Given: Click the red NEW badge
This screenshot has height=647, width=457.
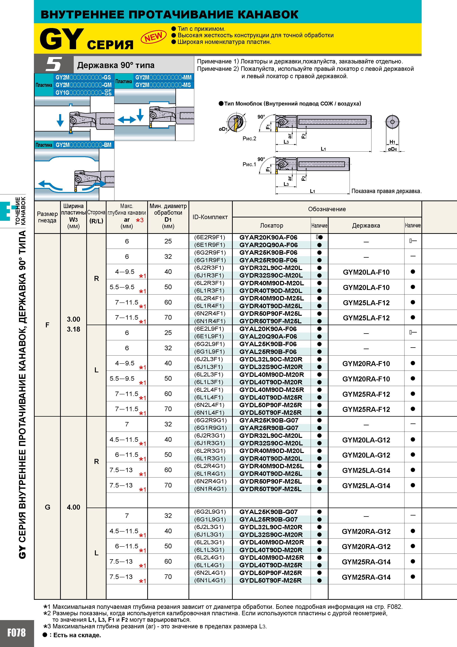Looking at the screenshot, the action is (x=154, y=37).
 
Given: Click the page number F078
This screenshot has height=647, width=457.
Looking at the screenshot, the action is (x=16, y=633).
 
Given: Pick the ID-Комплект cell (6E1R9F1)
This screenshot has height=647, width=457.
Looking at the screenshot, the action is (x=210, y=245).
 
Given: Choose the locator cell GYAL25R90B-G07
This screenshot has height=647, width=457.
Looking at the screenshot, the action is (x=269, y=519).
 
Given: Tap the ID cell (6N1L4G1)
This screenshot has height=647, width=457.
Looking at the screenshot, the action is (x=210, y=580).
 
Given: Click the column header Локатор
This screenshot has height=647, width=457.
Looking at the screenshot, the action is (x=271, y=225).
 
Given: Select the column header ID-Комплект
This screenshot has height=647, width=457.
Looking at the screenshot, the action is (x=210, y=217).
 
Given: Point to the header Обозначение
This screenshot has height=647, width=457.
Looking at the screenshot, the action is (x=327, y=209).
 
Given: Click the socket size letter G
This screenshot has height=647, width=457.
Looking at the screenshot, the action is (x=48, y=507).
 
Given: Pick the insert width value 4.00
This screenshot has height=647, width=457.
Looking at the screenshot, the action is (x=74, y=507).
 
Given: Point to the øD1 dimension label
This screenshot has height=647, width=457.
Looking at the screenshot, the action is (x=223, y=129).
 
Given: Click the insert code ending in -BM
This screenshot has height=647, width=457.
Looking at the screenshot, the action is (x=83, y=145).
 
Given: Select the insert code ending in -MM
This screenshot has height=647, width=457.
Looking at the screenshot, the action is (x=163, y=77).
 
